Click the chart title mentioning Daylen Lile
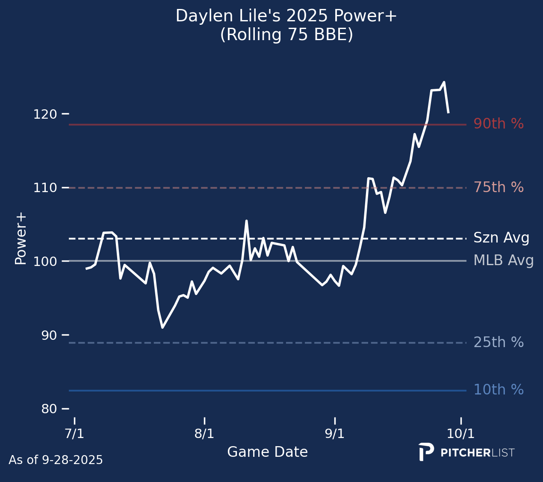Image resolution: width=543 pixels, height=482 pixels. [x=286, y=17]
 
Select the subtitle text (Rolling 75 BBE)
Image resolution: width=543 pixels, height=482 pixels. [x=286, y=35]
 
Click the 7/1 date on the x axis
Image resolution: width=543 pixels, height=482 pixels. [x=74, y=434]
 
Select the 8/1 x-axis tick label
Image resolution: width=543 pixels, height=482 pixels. [x=204, y=434]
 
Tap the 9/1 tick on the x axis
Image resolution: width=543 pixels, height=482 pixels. [x=335, y=434]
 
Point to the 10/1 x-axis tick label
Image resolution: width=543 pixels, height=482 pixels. [x=461, y=434]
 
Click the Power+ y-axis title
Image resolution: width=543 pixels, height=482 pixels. [x=21, y=238]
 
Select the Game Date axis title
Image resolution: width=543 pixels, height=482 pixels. [x=267, y=452]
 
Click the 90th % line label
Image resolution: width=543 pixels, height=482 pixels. [x=499, y=124]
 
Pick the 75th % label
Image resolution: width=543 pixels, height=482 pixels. [x=499, y=187]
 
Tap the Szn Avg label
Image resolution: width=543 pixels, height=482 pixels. [x=501, y=238]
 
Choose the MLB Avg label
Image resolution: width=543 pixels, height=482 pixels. [x=503, y=260]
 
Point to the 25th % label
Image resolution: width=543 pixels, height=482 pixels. [x=499, y=342]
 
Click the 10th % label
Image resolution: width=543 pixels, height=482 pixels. [x=499, y=390]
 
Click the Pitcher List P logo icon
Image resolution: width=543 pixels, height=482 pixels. [x=426, y=452]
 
